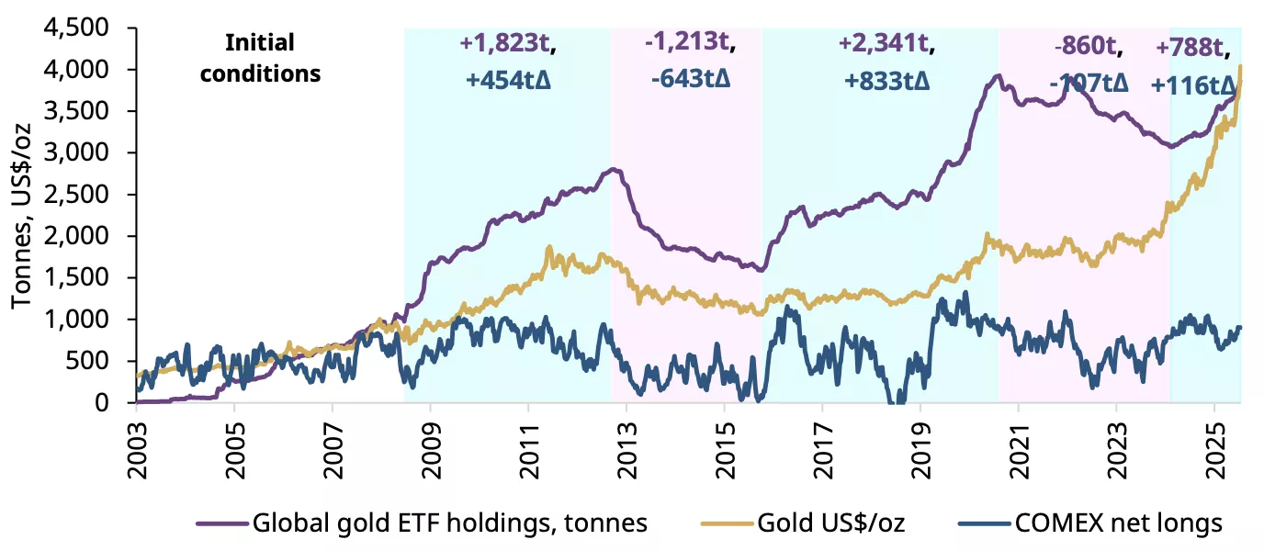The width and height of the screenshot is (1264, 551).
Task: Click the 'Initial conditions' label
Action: point(260,58)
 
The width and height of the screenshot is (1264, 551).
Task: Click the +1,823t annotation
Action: point(508,42)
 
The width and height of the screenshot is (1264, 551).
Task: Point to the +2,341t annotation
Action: point(886,42)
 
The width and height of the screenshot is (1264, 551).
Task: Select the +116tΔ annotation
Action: point(1193,85)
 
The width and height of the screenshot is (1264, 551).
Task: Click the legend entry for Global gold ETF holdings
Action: point(422,523)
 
